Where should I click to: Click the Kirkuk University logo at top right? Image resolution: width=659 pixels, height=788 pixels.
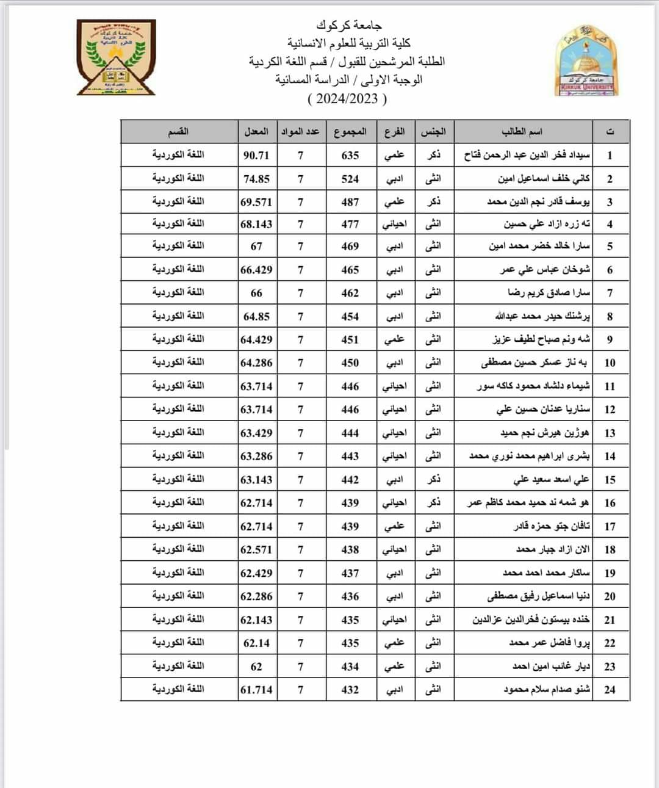[586, 61]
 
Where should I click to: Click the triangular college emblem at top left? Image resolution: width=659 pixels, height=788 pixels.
[116, 57]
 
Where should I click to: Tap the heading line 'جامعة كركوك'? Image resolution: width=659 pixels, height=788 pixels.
[348, 25]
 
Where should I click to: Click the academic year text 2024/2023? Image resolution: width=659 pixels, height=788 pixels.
[347, 98]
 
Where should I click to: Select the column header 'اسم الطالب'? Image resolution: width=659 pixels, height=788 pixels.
[522, 131]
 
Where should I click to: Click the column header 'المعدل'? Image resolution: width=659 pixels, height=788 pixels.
[256, 131]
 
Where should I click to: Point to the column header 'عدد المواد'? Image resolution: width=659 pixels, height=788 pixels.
[300, 131]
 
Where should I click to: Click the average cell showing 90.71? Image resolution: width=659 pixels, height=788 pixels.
[256, 155]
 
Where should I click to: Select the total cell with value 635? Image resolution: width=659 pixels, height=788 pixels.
[350, 155]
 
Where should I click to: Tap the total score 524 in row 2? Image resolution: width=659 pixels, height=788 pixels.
[350, 179]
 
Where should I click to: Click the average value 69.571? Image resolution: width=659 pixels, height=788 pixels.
[256, 202]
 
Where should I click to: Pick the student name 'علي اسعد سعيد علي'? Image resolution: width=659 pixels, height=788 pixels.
[552, 480]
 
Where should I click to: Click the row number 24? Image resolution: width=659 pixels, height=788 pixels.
[610, 690]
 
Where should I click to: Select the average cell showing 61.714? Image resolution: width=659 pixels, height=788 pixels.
[256, 690]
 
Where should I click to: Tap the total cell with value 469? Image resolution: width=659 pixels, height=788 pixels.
[350, 247]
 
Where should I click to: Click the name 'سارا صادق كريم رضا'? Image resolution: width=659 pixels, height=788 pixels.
[549, 293]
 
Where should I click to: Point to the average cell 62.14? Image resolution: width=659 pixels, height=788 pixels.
[256, 643]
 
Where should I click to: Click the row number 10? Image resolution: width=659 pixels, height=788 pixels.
[610, 363]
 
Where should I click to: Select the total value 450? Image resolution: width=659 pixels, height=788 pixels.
[350, 363]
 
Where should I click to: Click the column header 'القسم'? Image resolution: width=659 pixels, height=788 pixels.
[178, 131]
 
